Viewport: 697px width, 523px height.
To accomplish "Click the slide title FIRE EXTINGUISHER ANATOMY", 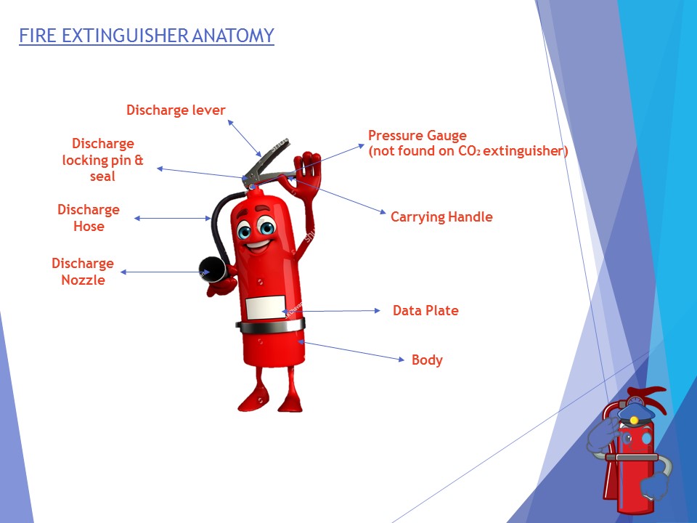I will point(146,36).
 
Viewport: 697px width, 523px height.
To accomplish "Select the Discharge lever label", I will point(176,110).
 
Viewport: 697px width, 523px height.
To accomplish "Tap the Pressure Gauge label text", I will point(417,136).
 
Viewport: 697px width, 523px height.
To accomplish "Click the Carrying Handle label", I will point(441,217).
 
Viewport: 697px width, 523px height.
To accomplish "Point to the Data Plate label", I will point(425,311).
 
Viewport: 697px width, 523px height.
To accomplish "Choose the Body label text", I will point(427,360).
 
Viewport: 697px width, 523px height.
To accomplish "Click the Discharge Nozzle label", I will point(83,272).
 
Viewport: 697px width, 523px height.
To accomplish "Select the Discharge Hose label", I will point(89,218).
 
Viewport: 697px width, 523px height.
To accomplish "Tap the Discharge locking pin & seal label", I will point(103,160).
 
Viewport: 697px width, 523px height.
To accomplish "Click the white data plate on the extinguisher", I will point(262,308).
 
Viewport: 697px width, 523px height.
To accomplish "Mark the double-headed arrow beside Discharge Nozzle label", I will point(160,272).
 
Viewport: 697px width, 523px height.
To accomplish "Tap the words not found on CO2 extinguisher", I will point(468,152).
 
